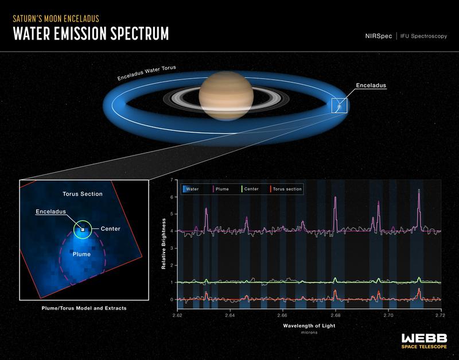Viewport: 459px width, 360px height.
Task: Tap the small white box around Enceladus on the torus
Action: tap(339, 105)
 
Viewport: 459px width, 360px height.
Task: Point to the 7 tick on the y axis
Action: tap(172, 180)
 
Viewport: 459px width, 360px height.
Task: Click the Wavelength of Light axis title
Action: tap(308, 325)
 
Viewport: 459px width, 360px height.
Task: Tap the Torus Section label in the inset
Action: tap(83, 194)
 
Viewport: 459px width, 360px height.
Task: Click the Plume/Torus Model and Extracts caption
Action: tap(84, 308)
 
